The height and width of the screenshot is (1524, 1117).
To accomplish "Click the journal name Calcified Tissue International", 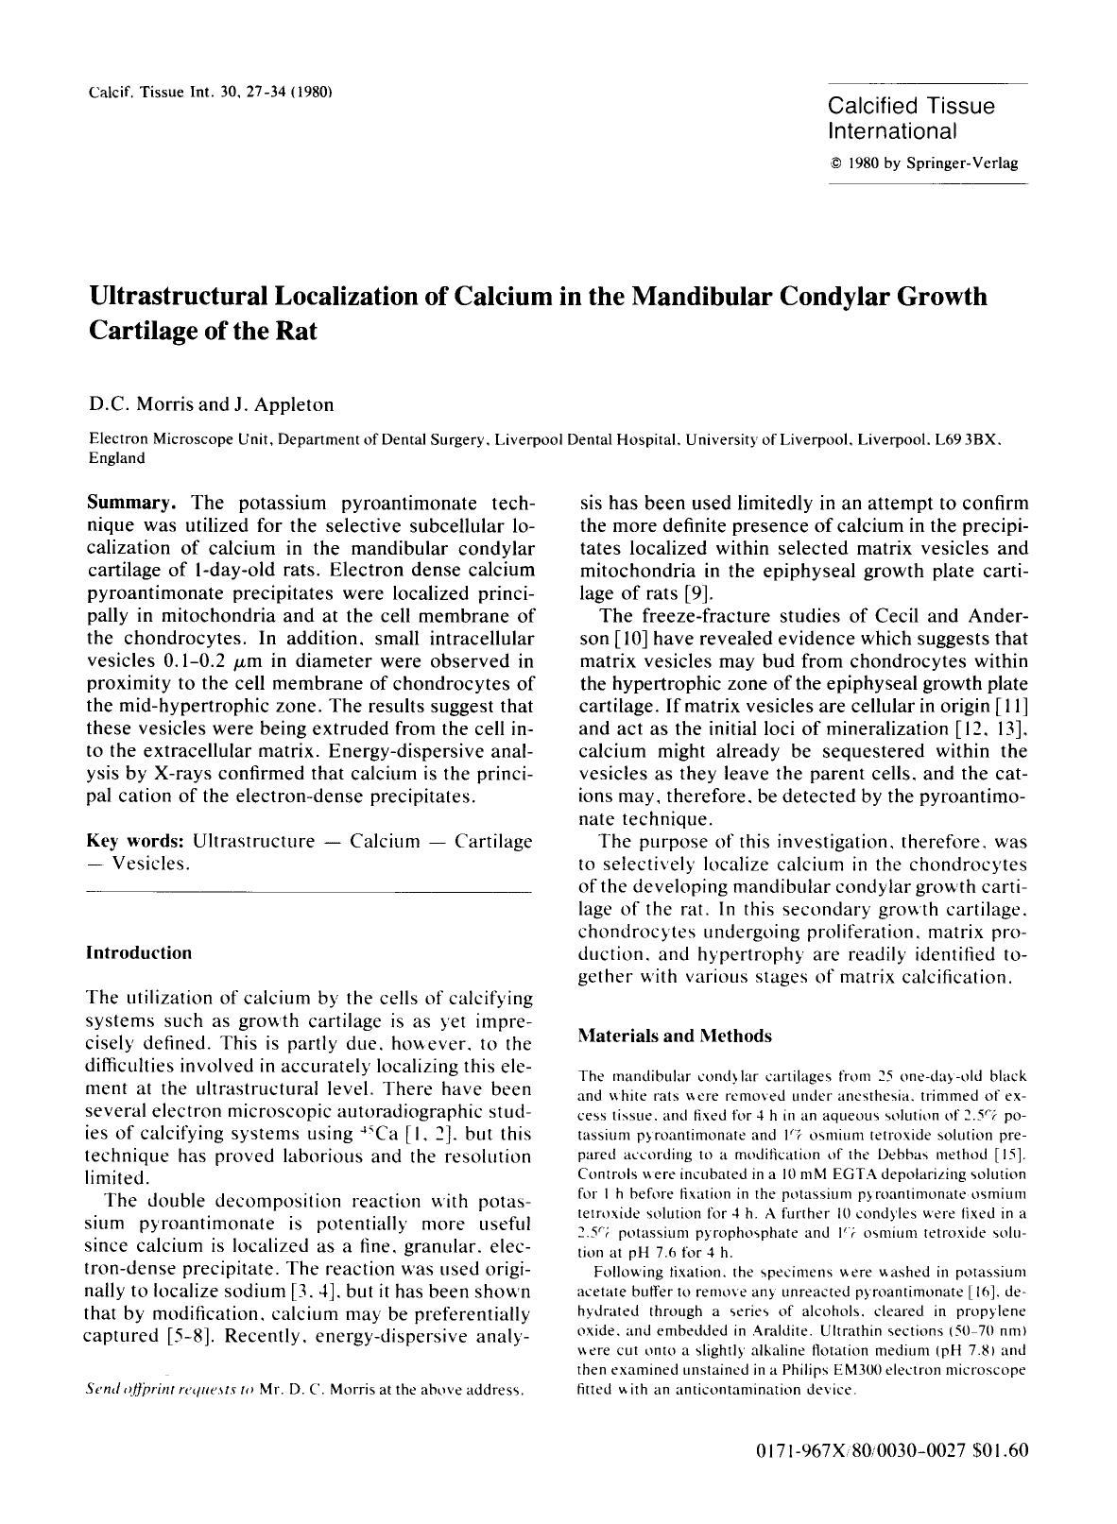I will click(x=911, y=118).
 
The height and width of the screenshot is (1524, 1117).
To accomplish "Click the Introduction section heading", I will click(x=138, y=952).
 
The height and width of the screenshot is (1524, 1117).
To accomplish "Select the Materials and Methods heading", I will click(x=674, y=1036).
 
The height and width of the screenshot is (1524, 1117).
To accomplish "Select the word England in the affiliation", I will click(x=116, y=458).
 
